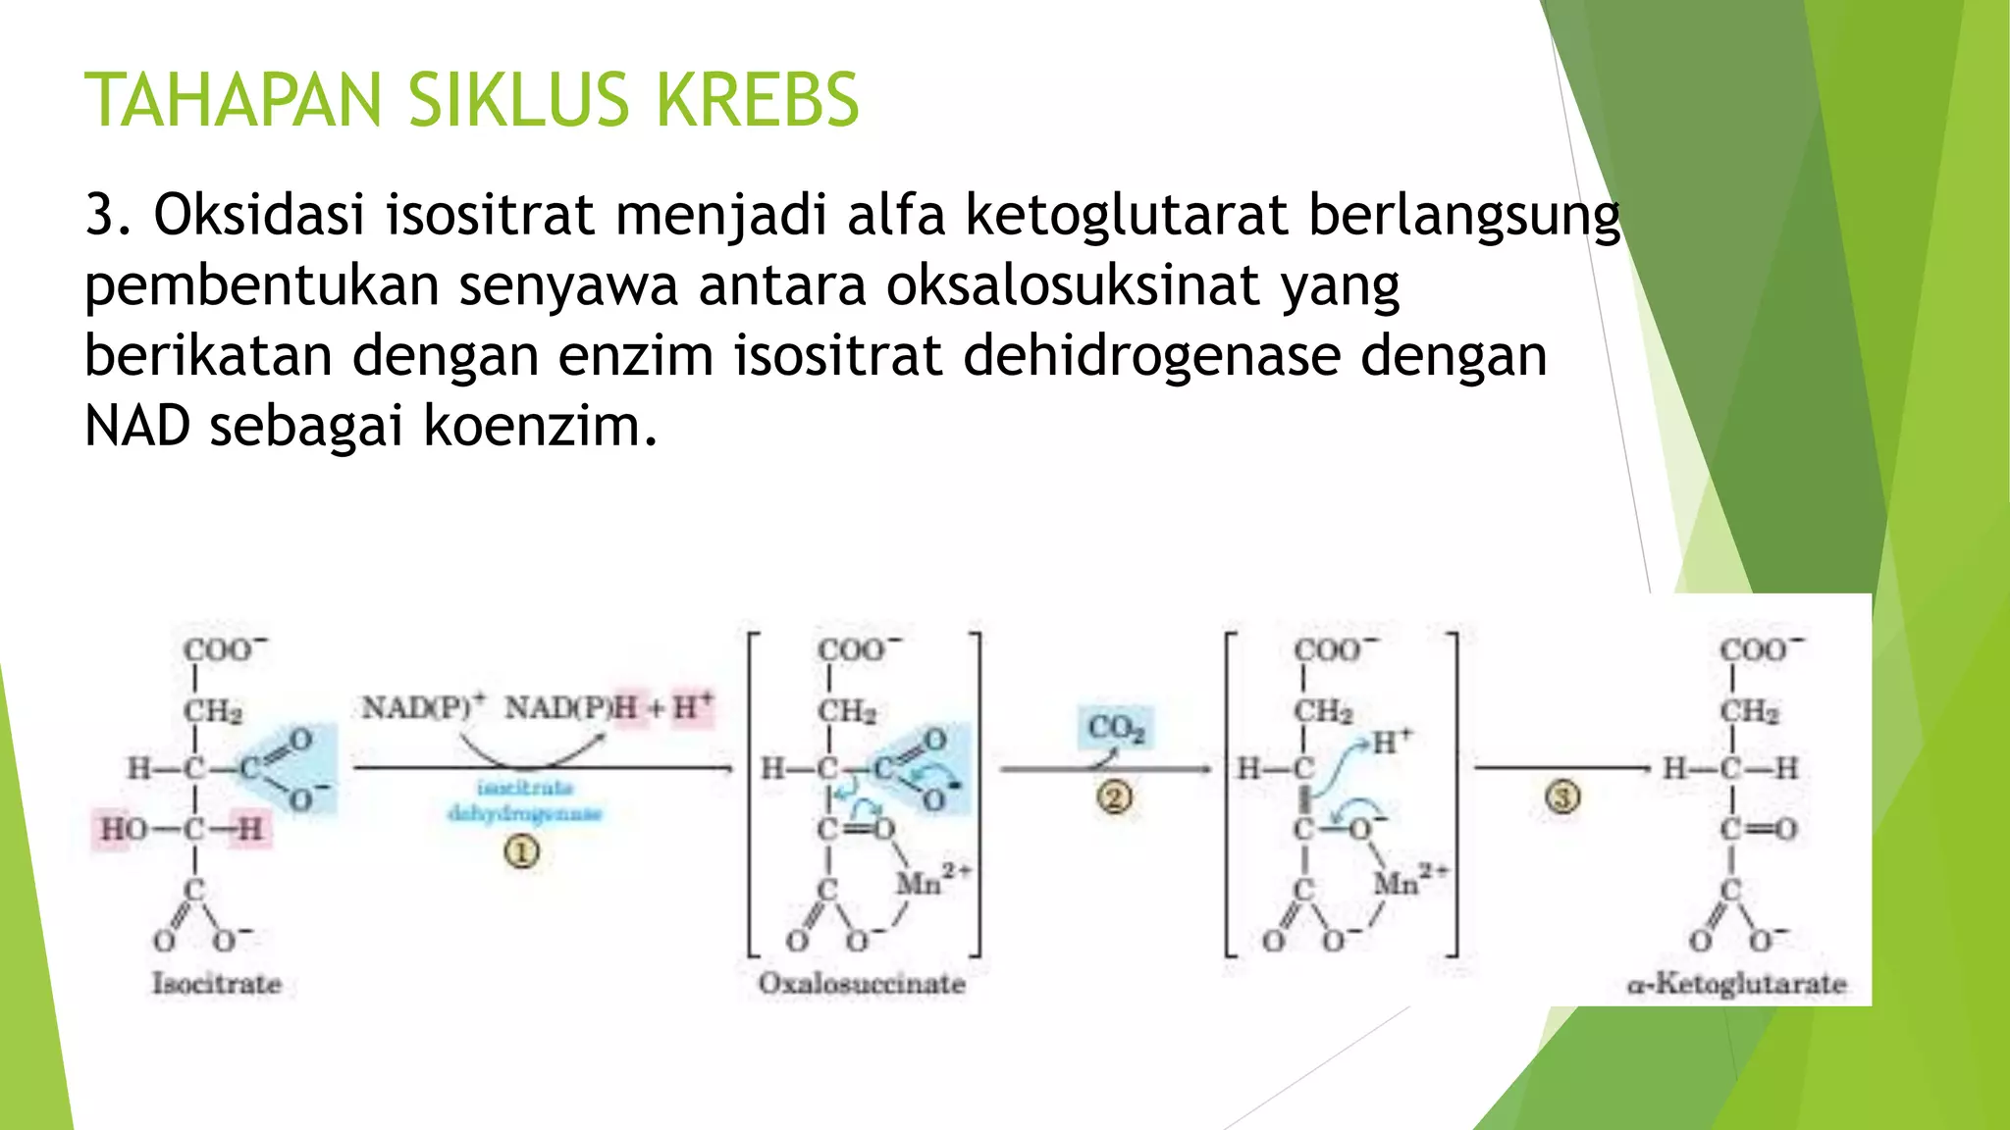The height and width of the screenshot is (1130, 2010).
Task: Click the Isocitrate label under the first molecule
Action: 217,983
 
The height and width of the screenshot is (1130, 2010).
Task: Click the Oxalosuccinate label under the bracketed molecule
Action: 862,983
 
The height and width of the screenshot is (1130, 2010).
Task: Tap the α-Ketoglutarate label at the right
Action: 1736,983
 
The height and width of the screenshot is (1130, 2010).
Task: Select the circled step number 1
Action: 522,852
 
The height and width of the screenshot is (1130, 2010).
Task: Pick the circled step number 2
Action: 1114,797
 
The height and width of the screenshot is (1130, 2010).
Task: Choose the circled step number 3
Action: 1563,796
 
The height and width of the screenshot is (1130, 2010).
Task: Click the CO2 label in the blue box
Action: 1116,728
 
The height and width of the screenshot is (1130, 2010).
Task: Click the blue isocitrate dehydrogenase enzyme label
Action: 525,800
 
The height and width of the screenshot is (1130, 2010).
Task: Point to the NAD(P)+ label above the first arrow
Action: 424,706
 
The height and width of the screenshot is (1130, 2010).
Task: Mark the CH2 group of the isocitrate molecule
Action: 213,710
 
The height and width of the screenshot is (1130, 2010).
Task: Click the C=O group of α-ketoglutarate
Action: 1758,830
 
